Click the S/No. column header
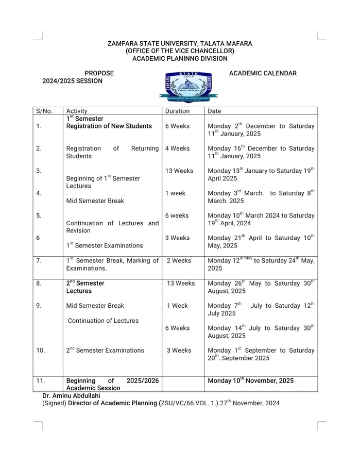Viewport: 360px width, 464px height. (x=45, y=110)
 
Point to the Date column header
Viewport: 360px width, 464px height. (x=215, y=110)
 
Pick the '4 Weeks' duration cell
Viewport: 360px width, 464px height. (x=177, y=148)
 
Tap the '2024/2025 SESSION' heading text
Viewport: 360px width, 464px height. (x=72, y=81)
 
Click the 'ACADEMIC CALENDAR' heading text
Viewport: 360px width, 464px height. (x=262, y=73)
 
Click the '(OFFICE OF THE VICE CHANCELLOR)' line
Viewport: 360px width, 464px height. (x=180, y=51)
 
